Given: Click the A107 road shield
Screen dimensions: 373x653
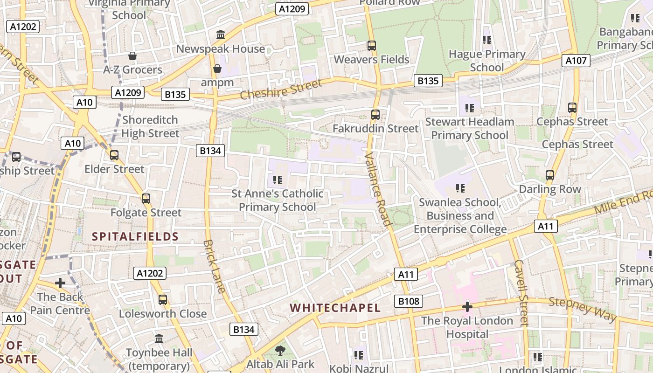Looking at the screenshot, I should tap(577, 60).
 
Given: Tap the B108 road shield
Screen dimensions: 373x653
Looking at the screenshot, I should tap(409, 301).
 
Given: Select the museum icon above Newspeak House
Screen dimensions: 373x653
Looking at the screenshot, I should tap(221, 35).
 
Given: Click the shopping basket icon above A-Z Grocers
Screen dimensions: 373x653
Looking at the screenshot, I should tap(132, 56).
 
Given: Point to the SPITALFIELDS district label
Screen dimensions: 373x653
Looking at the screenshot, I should tap(135, 236).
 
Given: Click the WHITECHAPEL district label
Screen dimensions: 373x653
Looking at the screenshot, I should tap(335, 308).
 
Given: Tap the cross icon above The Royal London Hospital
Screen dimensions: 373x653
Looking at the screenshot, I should tap(467, 307).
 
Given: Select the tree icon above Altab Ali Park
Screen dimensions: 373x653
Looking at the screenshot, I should tap(280, 350).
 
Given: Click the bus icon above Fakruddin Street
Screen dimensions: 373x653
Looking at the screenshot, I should tap(375, 114).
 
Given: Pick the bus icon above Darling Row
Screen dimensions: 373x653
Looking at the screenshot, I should tap(550, 175).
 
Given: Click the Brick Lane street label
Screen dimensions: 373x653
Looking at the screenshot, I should tap(215, 267).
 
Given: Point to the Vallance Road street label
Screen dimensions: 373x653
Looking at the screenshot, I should tap(378, 189).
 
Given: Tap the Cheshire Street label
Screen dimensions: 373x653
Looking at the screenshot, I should tap(281, 90).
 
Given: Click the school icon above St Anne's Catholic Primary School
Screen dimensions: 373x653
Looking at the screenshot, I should tap(278, 180).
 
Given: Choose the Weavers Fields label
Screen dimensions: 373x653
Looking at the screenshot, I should tap(371, 60).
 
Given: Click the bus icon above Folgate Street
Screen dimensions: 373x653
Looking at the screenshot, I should tap(146, 199).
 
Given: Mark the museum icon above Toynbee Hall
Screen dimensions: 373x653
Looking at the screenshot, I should tap(159, 338).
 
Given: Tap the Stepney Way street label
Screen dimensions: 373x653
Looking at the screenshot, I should tap(583, 309).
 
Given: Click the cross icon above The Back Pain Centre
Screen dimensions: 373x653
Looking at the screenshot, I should tap(60, 283).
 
